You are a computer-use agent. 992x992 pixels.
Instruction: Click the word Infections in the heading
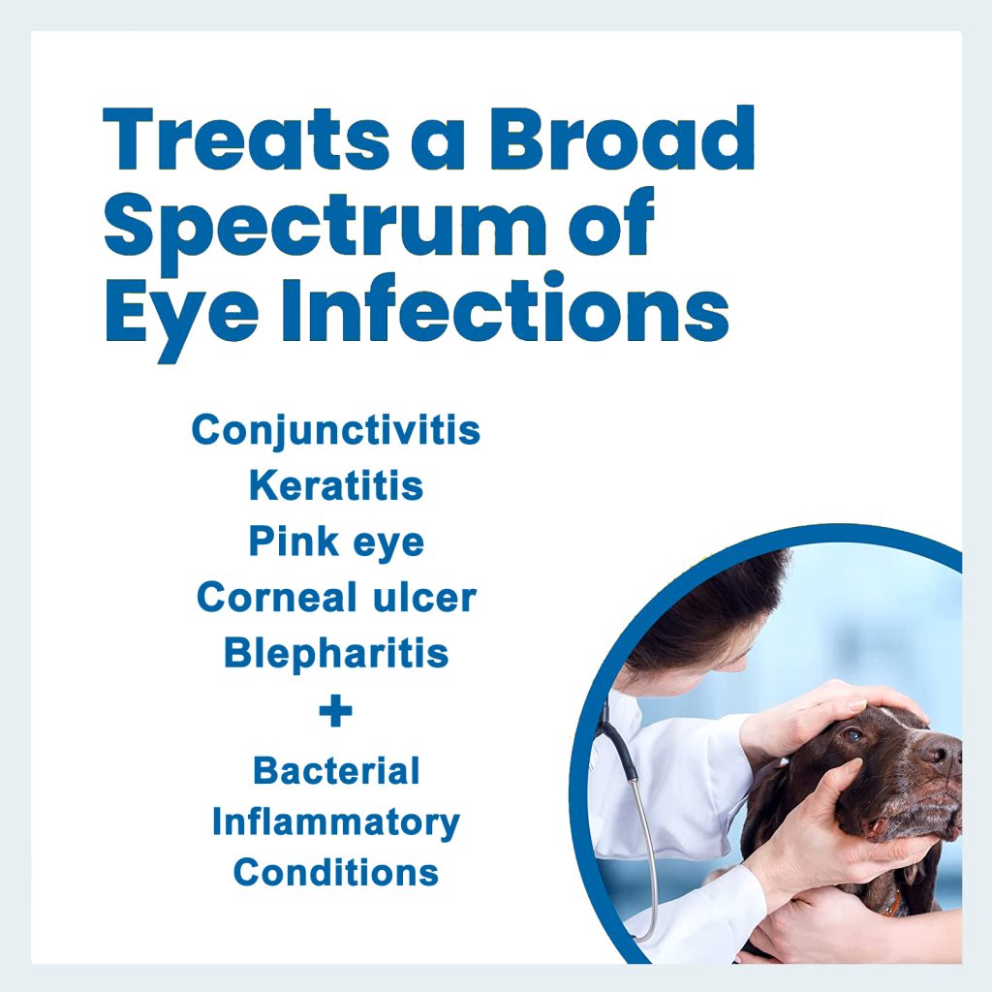[504, 308]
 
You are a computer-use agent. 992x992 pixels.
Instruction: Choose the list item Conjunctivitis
[335, 429]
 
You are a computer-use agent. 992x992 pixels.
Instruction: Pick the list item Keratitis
[335, 485]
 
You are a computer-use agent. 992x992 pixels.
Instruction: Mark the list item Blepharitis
[335, 654]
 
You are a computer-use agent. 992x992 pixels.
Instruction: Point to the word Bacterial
[335, 771]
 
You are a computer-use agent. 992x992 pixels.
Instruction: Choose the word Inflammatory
[335, 823]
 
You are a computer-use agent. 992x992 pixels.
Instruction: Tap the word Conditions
[335, 873]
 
